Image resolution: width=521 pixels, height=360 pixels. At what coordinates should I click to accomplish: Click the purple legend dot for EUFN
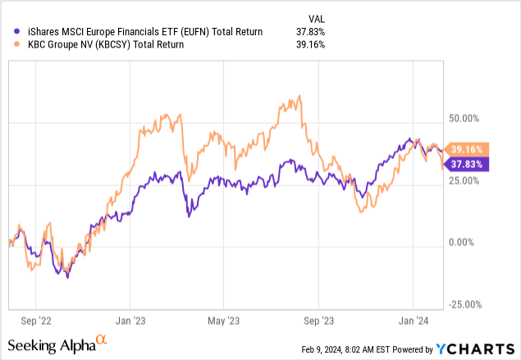[x=10, y=32]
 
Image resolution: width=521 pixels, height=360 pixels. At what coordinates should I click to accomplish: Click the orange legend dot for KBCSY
[x=10, y=45]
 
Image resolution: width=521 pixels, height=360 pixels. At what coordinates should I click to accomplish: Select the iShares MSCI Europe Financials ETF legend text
[x=139, y=32]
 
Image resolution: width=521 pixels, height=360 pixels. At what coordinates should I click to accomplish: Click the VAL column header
[x=316, y=18]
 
